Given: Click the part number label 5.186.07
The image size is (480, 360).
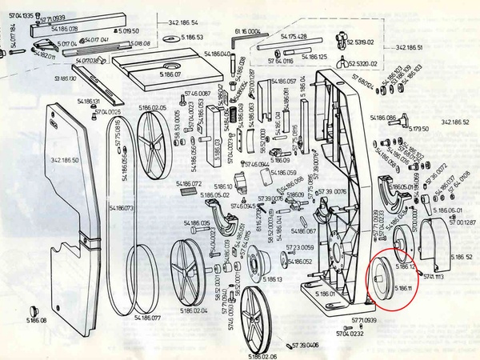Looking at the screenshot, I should (170, 74).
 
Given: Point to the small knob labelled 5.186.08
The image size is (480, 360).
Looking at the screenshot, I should (33, 310).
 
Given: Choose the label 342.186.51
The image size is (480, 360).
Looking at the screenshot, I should (409, 48).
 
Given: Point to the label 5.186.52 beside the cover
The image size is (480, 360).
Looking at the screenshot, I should (462, 257).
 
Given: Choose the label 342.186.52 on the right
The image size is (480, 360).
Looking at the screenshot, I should (454, 122).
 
